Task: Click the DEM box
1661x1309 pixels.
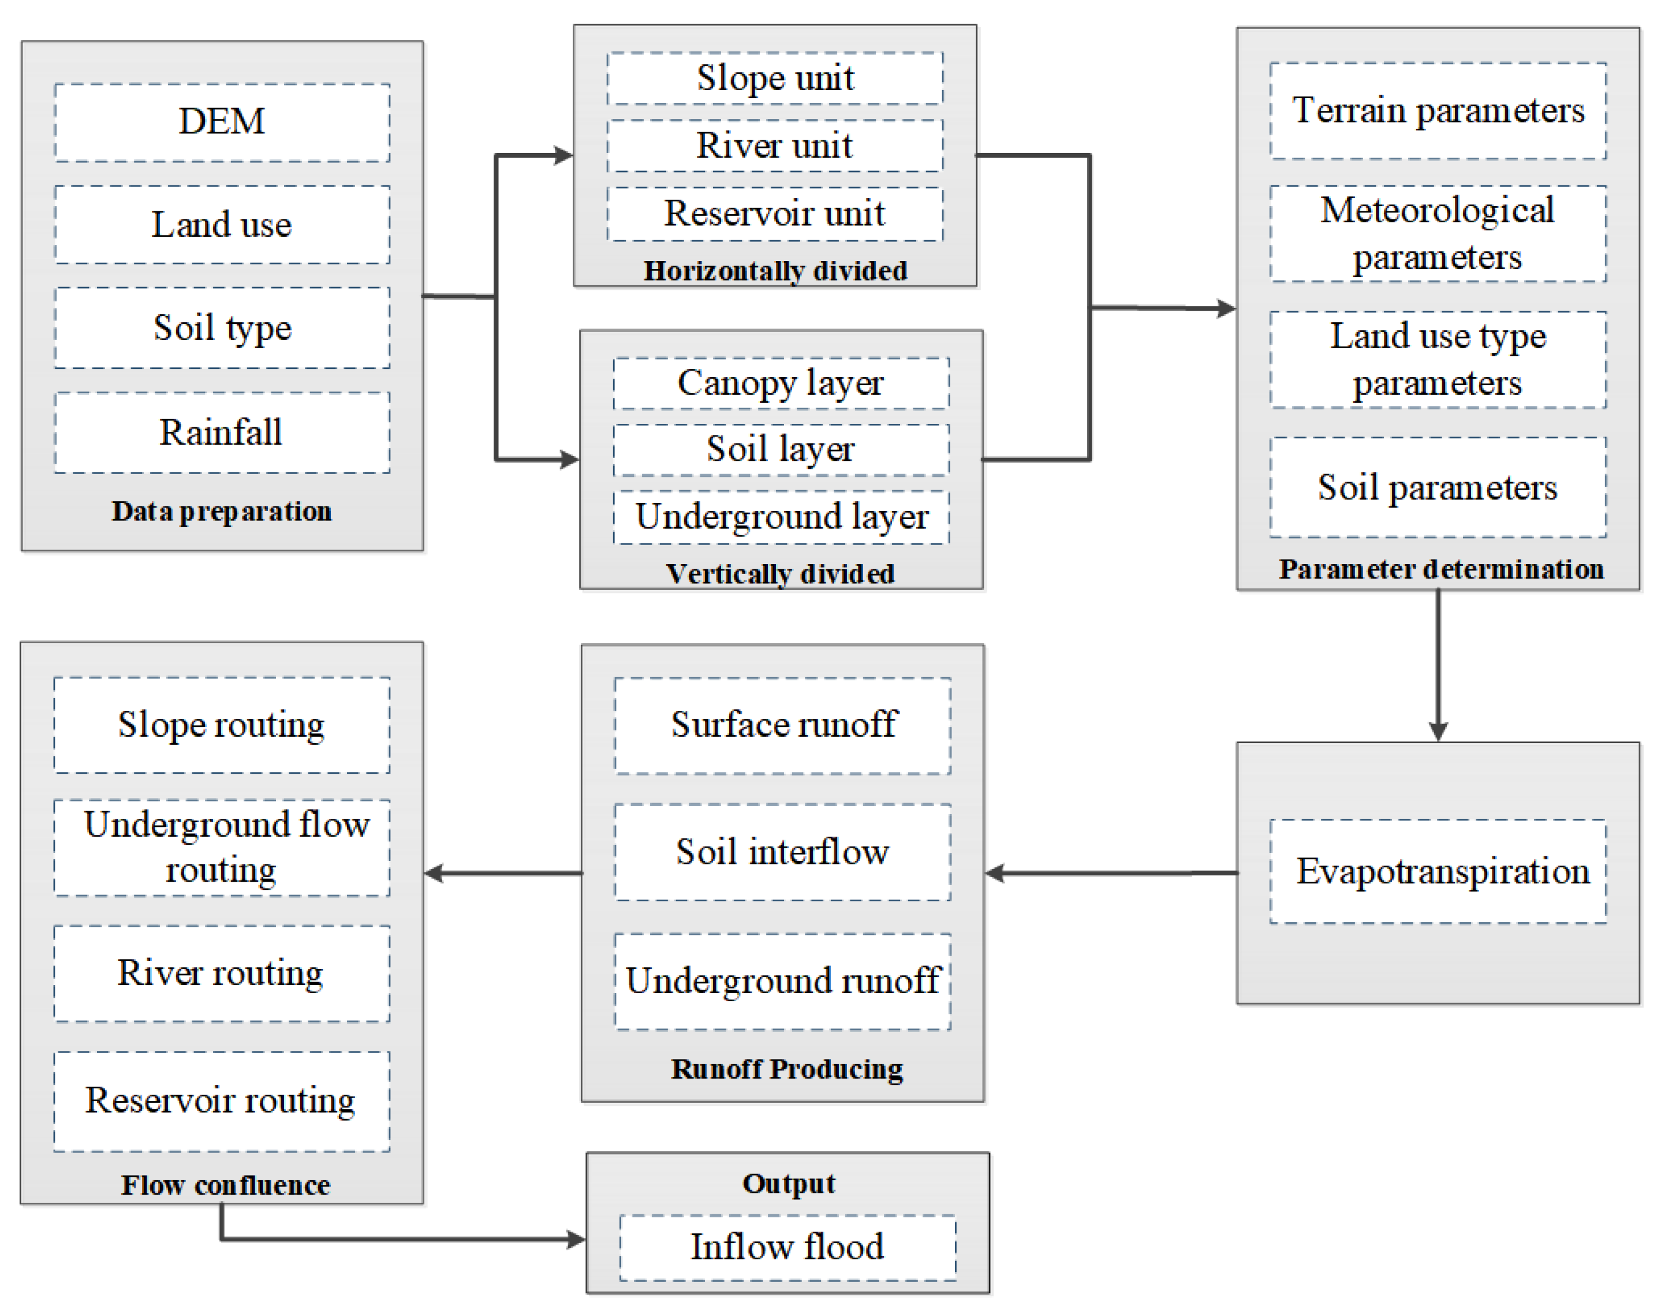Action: tap(222, 122)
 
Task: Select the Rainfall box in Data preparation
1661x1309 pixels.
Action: tap(222, 432)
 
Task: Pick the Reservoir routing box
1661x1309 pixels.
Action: tap(222, 1101)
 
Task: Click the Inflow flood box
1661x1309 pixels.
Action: tap(787, 1246)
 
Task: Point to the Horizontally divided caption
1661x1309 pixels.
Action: tap(775, 271)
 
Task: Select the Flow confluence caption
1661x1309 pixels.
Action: tap(225, 1185)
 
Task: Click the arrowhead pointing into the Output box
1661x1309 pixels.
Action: tap(576, 1239)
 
